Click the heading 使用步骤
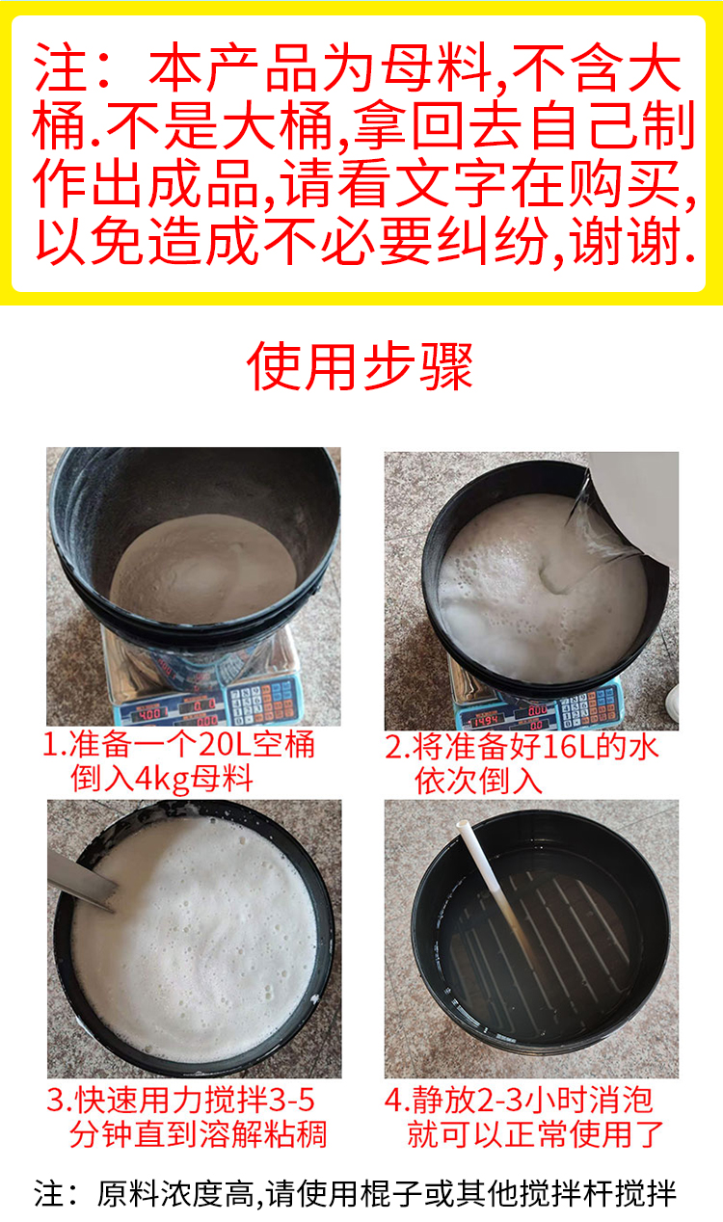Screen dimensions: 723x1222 pos(360,366)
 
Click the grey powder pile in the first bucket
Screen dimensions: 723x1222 pos(203,568)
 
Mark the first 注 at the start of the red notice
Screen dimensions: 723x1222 pos(59,67)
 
